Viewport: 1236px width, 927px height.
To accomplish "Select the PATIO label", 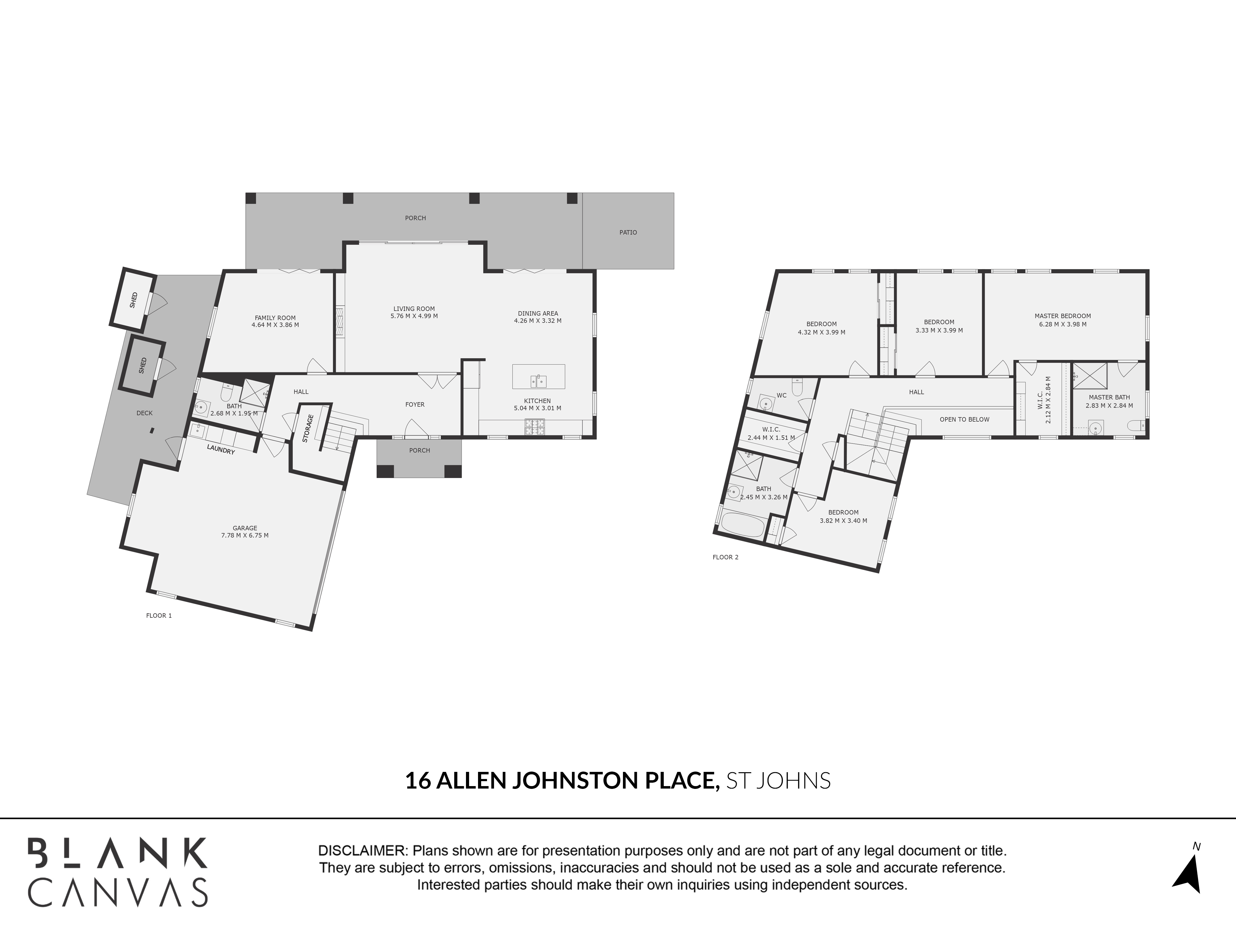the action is point(628,232).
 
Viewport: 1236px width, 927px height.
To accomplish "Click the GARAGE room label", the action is point(245,528).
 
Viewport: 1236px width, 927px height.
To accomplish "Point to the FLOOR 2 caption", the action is point(725,557).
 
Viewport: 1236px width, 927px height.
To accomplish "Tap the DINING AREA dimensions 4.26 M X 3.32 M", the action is point(538,321).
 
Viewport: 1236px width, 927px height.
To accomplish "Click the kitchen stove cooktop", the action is point(534,427).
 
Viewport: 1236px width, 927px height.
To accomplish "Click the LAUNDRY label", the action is point(221,449).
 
